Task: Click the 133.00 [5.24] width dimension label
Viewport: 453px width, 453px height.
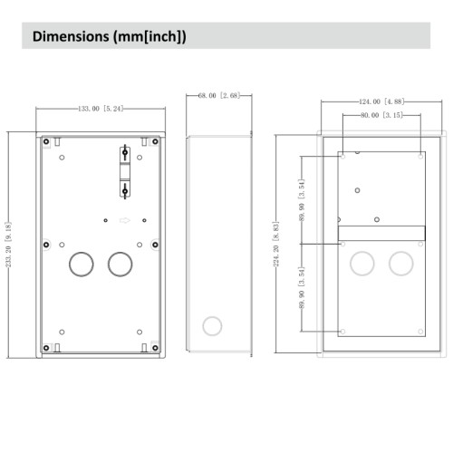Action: [x=100, y=108]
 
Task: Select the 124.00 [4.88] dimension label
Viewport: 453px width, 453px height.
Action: [x=381, y=101]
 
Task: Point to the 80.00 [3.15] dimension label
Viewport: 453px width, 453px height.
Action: [x=381, y=115]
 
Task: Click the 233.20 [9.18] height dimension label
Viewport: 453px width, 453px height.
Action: [x=8, y=246]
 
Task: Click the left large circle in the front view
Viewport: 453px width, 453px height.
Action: [x=81, y=264]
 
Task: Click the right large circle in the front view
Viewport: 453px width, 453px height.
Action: [x=120, y=264]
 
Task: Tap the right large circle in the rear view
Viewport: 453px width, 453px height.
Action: [x=400, y=263]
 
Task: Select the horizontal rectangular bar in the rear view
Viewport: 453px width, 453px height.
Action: [x=381, y=233]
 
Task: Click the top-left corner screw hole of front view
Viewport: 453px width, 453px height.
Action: [x=45, y=141]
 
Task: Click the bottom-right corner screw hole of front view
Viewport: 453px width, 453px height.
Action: [x=154, y=345]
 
